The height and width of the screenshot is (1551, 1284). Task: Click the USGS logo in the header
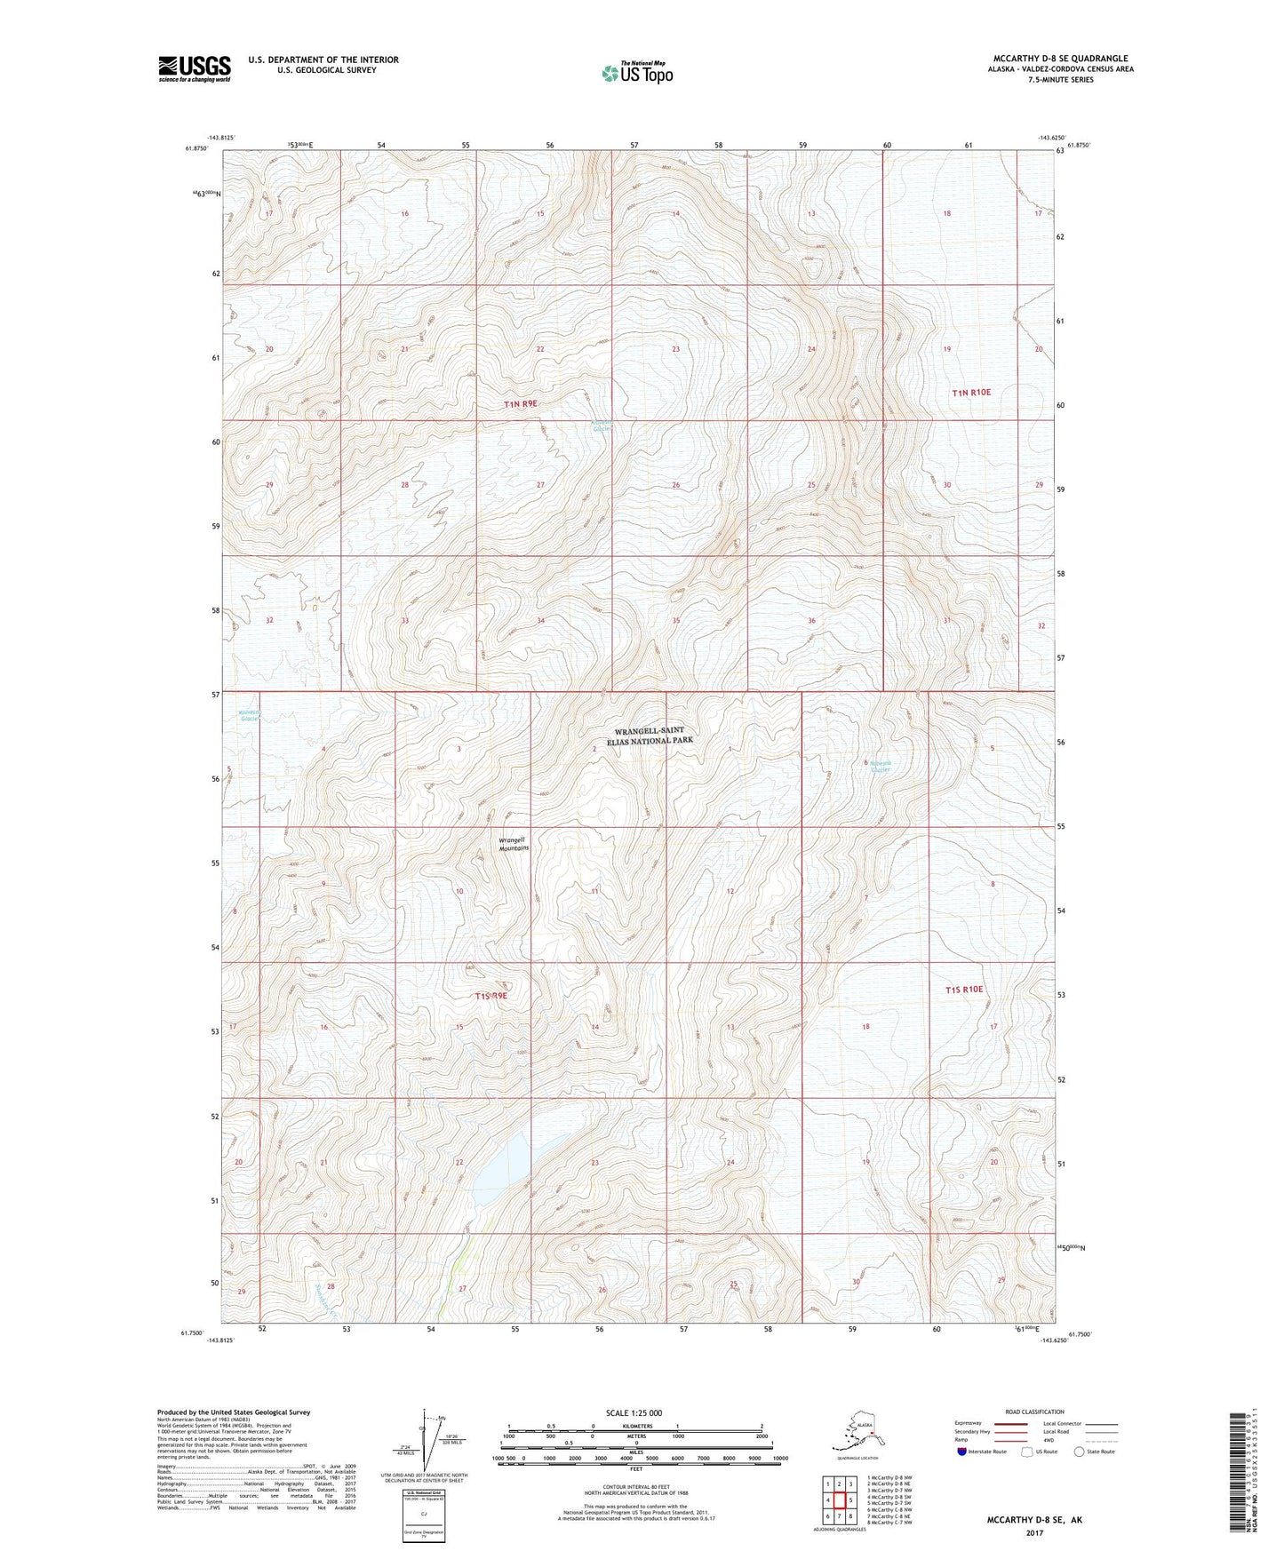[195, 68]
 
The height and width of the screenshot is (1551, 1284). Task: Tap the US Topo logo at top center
[637, 73]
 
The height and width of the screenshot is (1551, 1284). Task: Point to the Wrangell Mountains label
[513, 843]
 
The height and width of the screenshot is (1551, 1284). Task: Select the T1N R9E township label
[521, 404]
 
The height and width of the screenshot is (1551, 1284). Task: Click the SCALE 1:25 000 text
[634, 1413]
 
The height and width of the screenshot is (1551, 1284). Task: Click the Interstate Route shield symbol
[962, 1452]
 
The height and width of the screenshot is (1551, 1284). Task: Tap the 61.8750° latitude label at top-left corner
[197, 148]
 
